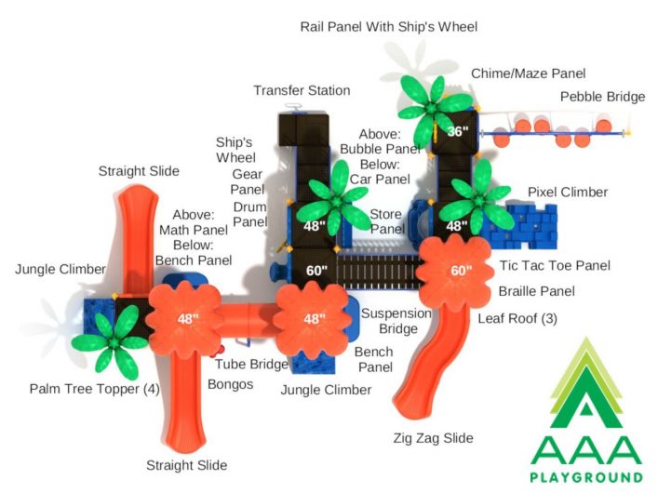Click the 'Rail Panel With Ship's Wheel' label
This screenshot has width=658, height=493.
tap(389, 27)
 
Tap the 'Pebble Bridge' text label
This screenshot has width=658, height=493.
tap(602, 97)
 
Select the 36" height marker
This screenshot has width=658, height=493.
tap(457, 131)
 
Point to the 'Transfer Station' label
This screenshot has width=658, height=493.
tap(302, 90)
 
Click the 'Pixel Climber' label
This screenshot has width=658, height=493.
tap(568, 193)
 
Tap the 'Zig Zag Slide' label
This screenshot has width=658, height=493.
tap(433, 438)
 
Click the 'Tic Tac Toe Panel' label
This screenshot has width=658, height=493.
tap(555, 266)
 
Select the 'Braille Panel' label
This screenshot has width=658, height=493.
tap(536, 291)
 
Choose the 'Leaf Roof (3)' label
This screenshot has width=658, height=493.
tap(517, 318)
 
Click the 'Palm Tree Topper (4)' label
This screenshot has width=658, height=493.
tap(94, 389)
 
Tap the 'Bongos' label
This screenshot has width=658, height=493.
tap(231, 384)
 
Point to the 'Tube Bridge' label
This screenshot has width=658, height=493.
tap(252, 365)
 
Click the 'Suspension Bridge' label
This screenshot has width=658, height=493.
tap(396, 321)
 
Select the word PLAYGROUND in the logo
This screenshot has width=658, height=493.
tap(586, 477)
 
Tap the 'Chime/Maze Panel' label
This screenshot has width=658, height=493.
tap(528, 73)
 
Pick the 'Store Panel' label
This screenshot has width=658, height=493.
tap(387, 221)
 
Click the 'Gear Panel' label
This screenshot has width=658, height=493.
tap(248, 181)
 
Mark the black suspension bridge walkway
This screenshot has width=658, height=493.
tap(379, 272)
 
